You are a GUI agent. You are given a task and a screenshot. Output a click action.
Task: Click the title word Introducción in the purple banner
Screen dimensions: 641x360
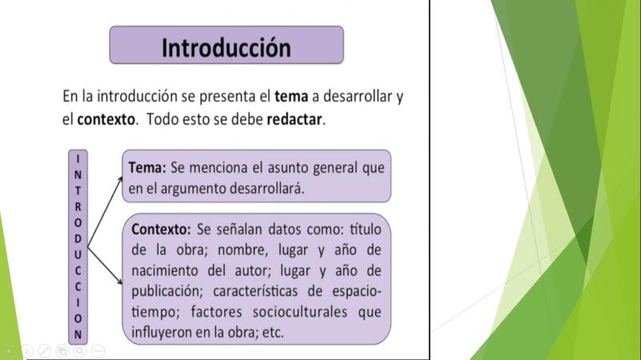point(226,48)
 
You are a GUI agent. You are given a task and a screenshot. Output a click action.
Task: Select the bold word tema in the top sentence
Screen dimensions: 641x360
point(291,96)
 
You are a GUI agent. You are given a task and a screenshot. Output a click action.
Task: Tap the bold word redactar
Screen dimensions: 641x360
point(294,119)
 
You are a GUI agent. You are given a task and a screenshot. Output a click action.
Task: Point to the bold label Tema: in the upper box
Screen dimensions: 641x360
point(147,168)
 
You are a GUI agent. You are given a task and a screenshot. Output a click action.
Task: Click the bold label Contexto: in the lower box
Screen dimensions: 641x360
point(161,229)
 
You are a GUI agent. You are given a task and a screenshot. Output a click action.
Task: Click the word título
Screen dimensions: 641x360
point(365,229)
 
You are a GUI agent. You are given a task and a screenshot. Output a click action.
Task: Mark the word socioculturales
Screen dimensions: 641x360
point(300,312)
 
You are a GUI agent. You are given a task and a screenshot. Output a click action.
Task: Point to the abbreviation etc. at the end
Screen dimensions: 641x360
point(272,333)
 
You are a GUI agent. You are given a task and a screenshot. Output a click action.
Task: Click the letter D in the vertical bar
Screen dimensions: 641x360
point(78,238)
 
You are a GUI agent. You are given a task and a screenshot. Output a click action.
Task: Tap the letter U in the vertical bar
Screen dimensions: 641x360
point(78,254)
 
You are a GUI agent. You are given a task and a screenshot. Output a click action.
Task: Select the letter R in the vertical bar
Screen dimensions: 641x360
point(78,207)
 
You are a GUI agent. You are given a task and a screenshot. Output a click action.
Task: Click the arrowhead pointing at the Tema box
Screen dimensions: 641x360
point(121,179)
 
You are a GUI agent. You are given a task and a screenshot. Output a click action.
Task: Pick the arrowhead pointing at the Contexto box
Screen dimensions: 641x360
point(119,281)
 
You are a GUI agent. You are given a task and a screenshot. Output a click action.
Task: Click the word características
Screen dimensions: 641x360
point(256,291)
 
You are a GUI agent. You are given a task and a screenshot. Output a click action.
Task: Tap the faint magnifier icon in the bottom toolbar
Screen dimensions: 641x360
point(80,350)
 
